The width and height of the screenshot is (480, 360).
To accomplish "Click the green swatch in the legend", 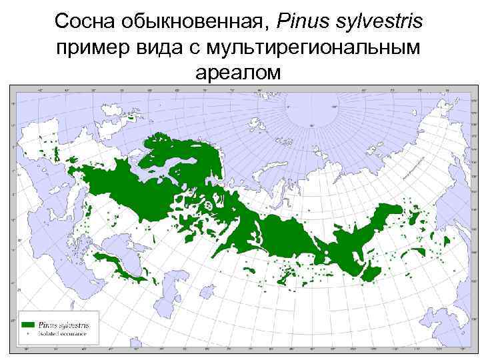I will [28, 324].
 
